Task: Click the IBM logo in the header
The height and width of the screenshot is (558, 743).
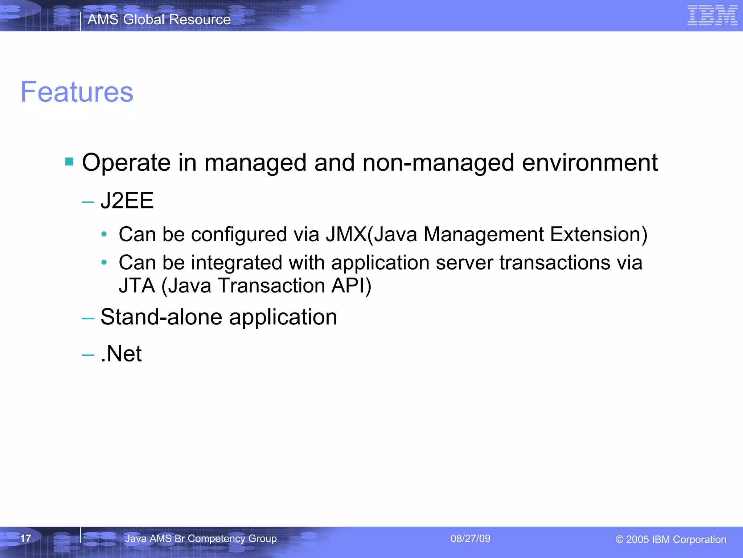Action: (712, 15)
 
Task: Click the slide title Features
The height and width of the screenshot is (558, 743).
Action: (77, 92)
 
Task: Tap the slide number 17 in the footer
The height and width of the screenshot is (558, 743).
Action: (25, 538)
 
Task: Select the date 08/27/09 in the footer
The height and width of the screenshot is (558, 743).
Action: (470, 538)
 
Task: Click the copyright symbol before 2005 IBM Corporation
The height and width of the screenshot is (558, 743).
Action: (619, 539)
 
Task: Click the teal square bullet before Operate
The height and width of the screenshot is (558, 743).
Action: (69, 161)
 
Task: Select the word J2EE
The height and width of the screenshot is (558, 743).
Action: (127, 201)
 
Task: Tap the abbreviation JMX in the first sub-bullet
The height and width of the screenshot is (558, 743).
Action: (346, 234)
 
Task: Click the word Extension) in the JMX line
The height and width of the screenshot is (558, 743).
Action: (599, 234)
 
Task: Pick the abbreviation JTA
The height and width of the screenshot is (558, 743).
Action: (137, 286)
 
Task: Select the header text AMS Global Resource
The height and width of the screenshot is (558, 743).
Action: (159, 19)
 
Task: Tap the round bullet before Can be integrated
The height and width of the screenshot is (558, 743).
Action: (104, 262)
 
